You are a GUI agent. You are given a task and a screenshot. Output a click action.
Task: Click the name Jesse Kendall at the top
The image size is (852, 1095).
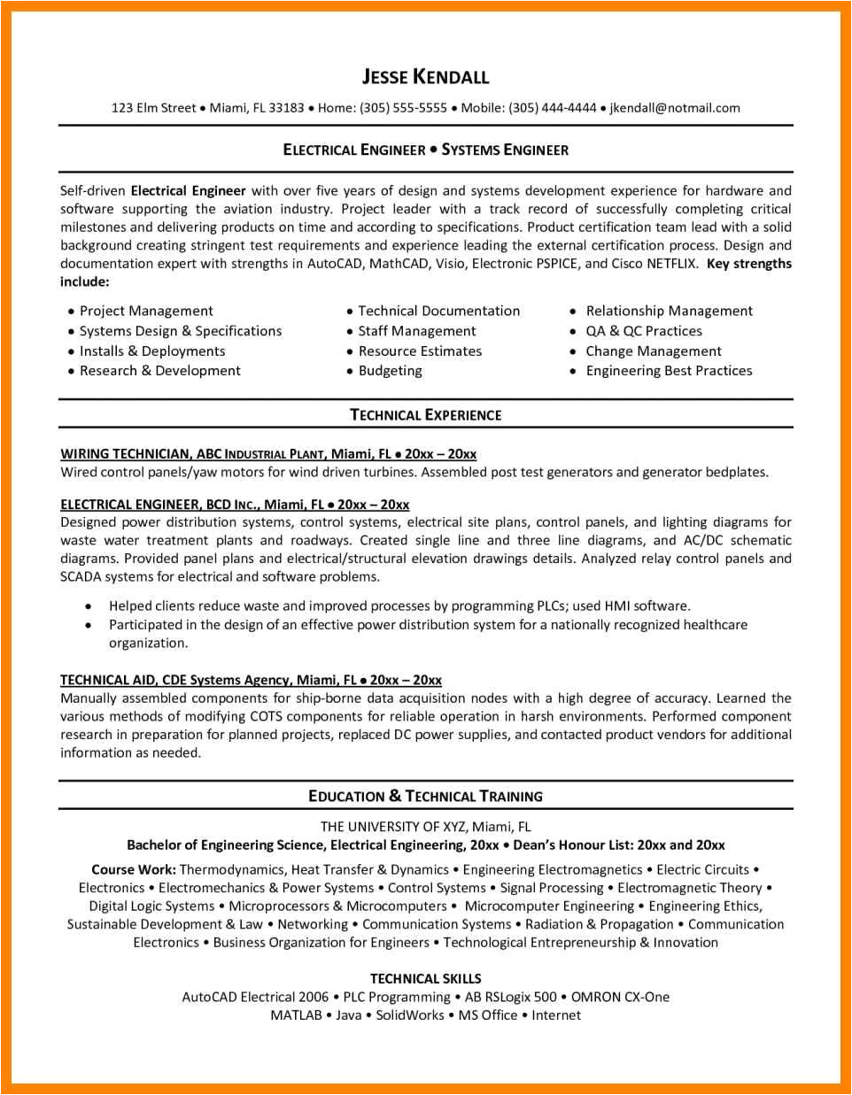[425, 77]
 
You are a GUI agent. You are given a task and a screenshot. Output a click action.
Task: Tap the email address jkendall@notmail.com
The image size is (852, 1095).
[675, 108]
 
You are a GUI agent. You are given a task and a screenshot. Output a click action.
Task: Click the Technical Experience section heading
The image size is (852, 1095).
[425, 414]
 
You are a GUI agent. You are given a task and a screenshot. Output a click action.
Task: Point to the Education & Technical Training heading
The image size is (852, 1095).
[425, 796]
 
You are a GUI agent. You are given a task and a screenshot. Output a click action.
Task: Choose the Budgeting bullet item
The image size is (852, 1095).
[390, 371]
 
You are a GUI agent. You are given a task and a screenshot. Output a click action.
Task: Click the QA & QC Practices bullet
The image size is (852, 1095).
[643, 331]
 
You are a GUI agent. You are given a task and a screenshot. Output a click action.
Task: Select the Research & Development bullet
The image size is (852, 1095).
[159, 371]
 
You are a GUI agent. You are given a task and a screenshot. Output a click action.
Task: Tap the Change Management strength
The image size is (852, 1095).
[653, 351]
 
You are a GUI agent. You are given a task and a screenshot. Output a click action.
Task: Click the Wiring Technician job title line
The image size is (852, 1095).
[268, 454]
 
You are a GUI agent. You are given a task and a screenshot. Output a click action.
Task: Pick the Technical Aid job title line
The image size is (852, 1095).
[251, 680]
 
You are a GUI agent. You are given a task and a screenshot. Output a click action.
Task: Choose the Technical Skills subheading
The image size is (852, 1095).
[425, 978]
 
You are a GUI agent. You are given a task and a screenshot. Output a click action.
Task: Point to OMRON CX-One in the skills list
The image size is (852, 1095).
[620, 997]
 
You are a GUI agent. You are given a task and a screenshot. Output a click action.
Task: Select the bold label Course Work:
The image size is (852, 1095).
[133, 870]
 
